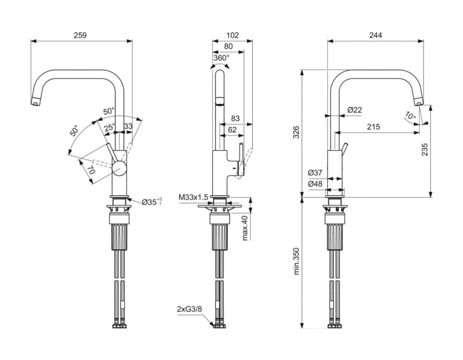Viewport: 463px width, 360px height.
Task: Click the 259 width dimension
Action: [x=80, y=35]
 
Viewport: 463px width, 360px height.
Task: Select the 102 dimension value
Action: [x=232, y=35]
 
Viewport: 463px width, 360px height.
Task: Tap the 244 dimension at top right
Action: [x=375, y=35]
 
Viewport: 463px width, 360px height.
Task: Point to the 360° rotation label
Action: [x=222, y=58]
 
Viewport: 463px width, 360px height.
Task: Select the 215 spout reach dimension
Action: [x=373, y=127]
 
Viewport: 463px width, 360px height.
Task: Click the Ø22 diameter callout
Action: [x=355, y=110]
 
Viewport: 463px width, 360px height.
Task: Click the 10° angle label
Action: [x=410, y=116]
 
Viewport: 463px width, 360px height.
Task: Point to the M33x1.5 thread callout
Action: [x=193, y=197]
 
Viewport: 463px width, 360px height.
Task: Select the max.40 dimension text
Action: [x=245, y=228]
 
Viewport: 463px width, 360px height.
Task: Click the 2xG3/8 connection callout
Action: [x=189, y=309]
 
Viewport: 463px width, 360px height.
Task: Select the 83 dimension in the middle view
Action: [x=235, y=118]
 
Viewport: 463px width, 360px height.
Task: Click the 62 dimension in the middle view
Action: [x=232, y=130]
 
